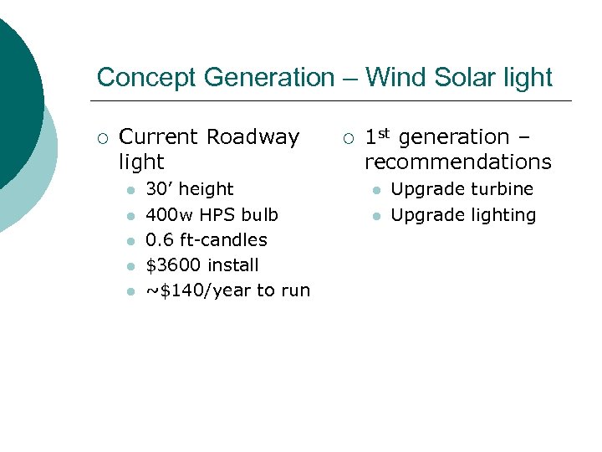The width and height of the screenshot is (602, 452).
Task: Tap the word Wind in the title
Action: tap(398, 78)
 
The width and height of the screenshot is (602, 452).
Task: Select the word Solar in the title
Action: tap(463, 78)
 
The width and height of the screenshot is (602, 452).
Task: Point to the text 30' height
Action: tap(189, 189)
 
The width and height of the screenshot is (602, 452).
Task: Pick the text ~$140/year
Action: tap(198, 290)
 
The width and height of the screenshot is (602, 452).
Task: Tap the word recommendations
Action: tap(458, 162)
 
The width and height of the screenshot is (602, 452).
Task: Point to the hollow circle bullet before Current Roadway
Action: tap(101, 138)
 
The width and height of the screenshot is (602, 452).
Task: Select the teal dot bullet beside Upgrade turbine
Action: tap(376, 191)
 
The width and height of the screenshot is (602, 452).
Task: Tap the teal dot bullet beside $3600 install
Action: tap(130, 267)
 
